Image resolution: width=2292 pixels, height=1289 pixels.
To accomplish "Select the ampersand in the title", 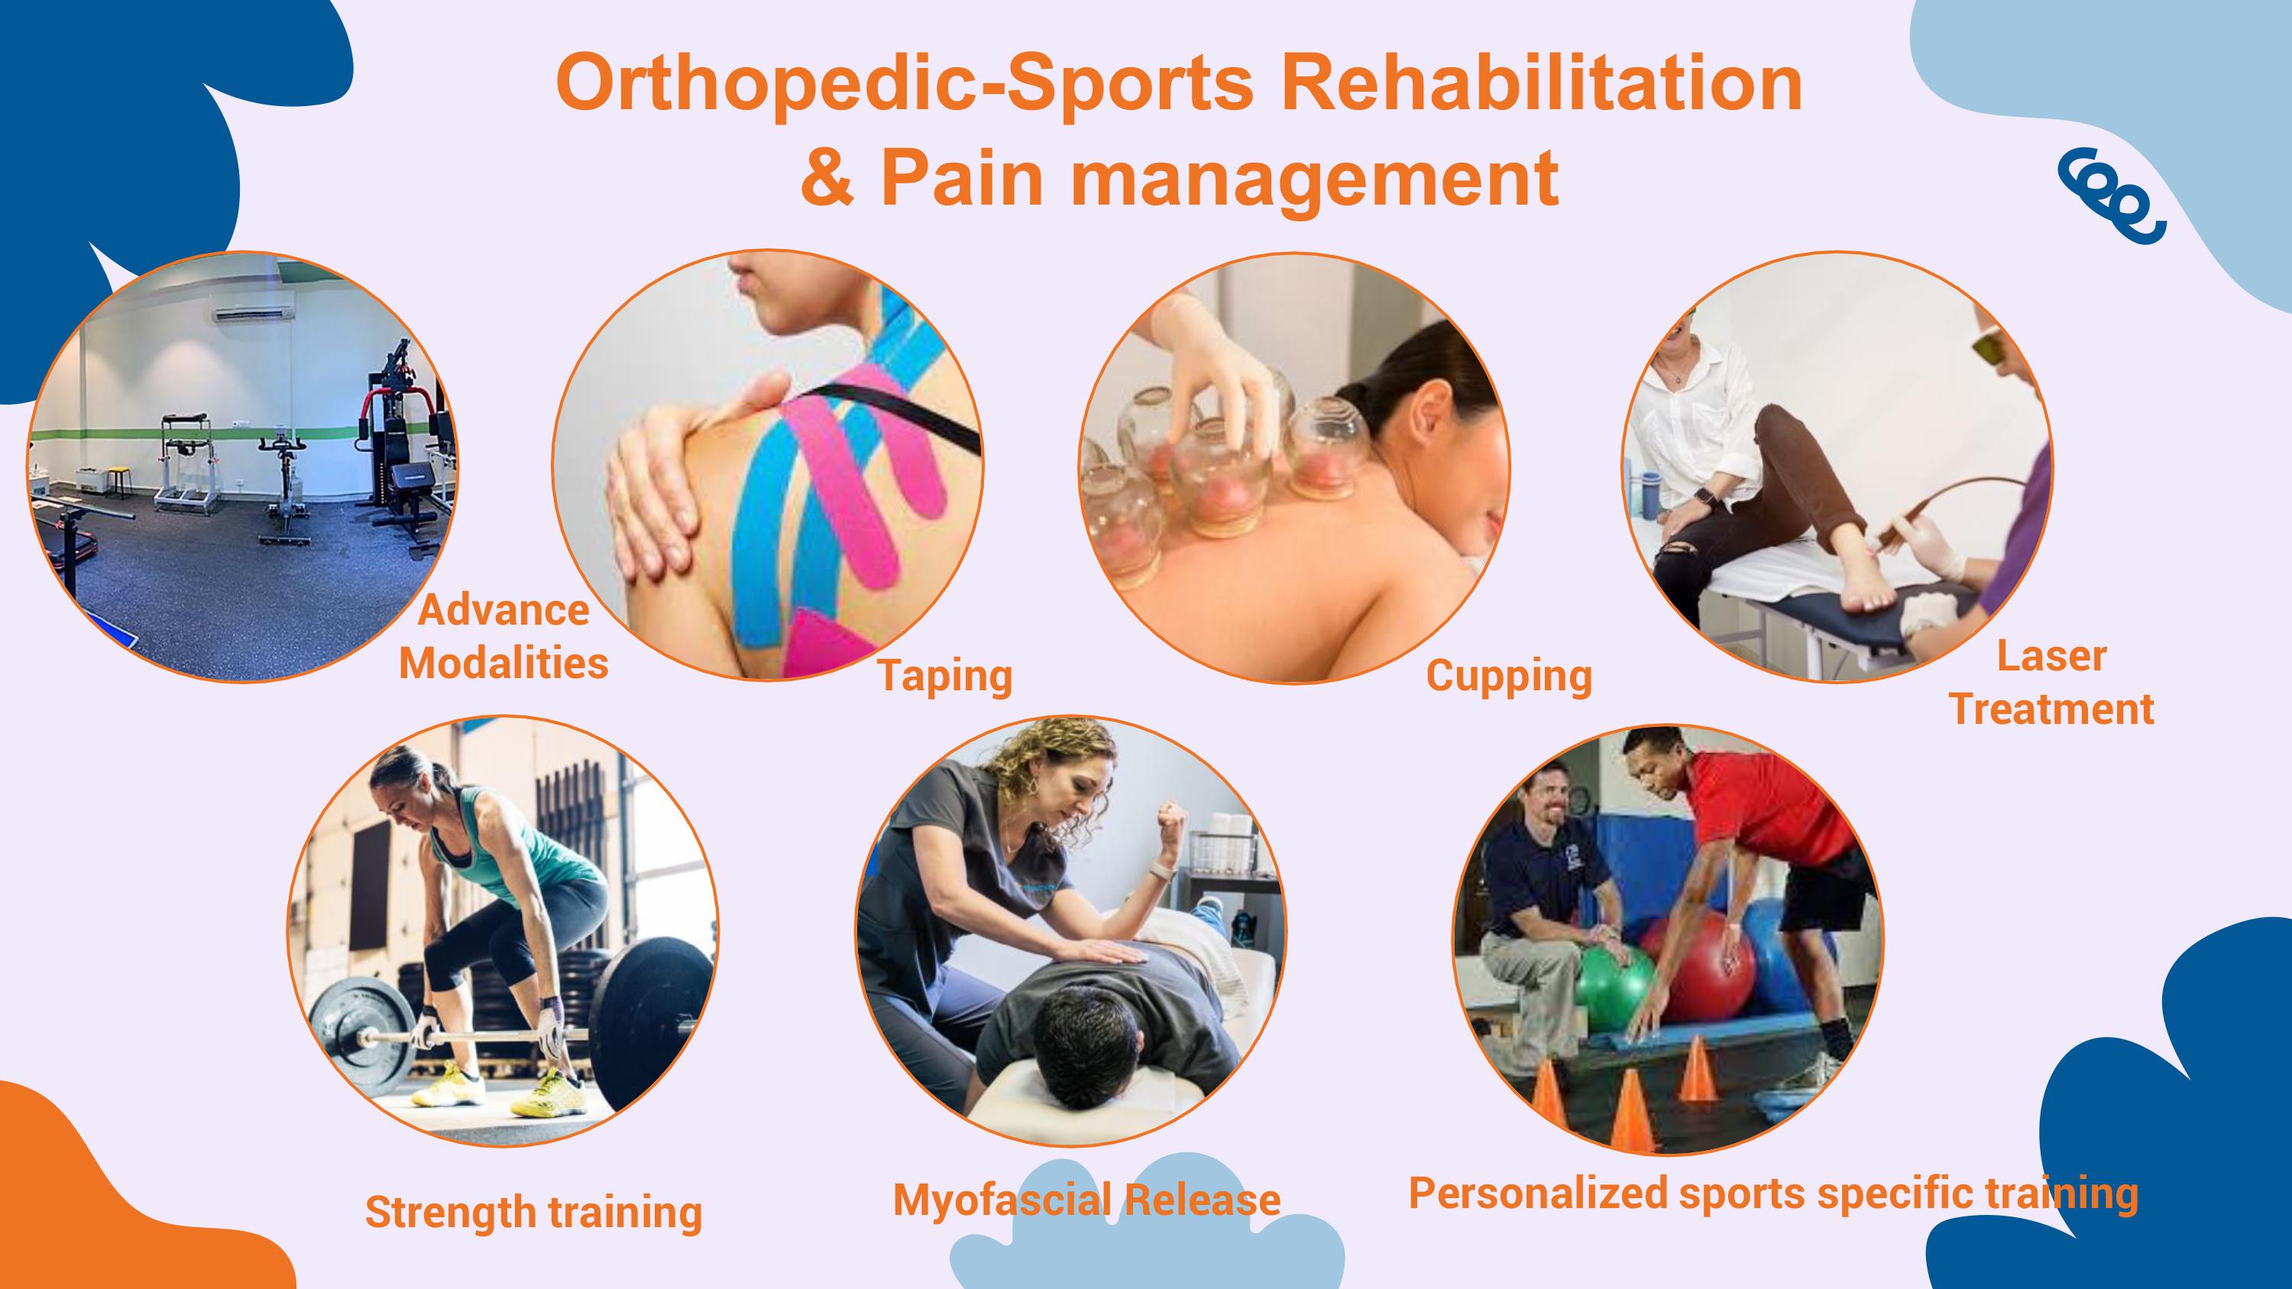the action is click(x=827, y=177).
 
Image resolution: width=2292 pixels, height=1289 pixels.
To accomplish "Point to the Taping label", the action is click(x=945, y=675).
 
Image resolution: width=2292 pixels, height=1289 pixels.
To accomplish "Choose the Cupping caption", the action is click(x=1509, y=676).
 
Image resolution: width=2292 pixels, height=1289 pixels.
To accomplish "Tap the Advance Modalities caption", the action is click(x=503, y=637).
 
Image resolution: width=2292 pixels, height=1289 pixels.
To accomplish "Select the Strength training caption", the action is click(x=534, y=1213).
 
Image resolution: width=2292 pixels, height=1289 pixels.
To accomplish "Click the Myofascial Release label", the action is click(x=1086, y=1199).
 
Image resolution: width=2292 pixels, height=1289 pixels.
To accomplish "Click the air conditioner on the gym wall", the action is click(x=252, y=314).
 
